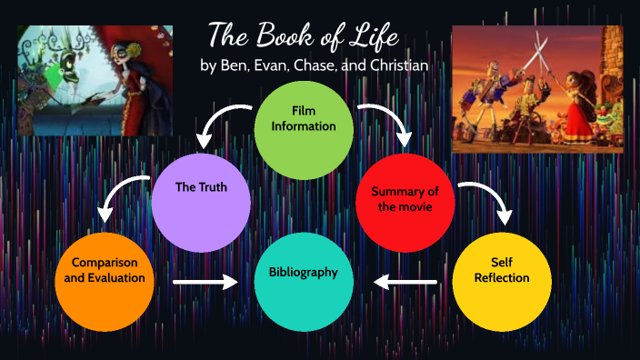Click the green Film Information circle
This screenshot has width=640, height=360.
[x=304, y=118]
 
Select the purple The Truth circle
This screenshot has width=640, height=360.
[x=201, y=188]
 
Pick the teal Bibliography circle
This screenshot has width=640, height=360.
[x=303, y=273]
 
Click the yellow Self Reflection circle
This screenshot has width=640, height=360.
[x=501, y=271]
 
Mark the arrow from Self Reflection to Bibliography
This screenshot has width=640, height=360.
[x=405, y=283]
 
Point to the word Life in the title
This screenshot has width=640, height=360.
[x=372, y=35]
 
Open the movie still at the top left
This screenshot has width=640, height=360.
[x=95, y=79]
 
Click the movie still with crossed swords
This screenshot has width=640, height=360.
[x=537, y=88]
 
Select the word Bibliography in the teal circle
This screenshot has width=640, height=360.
[x=303, y=273]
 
